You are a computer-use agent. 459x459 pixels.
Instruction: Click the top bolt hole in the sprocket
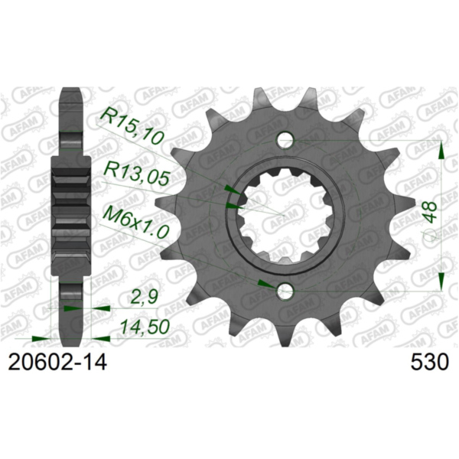[285, 141]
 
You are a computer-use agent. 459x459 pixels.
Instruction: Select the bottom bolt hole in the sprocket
[285, 291]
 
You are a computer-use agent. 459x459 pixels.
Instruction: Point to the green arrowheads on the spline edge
[232, 195]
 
